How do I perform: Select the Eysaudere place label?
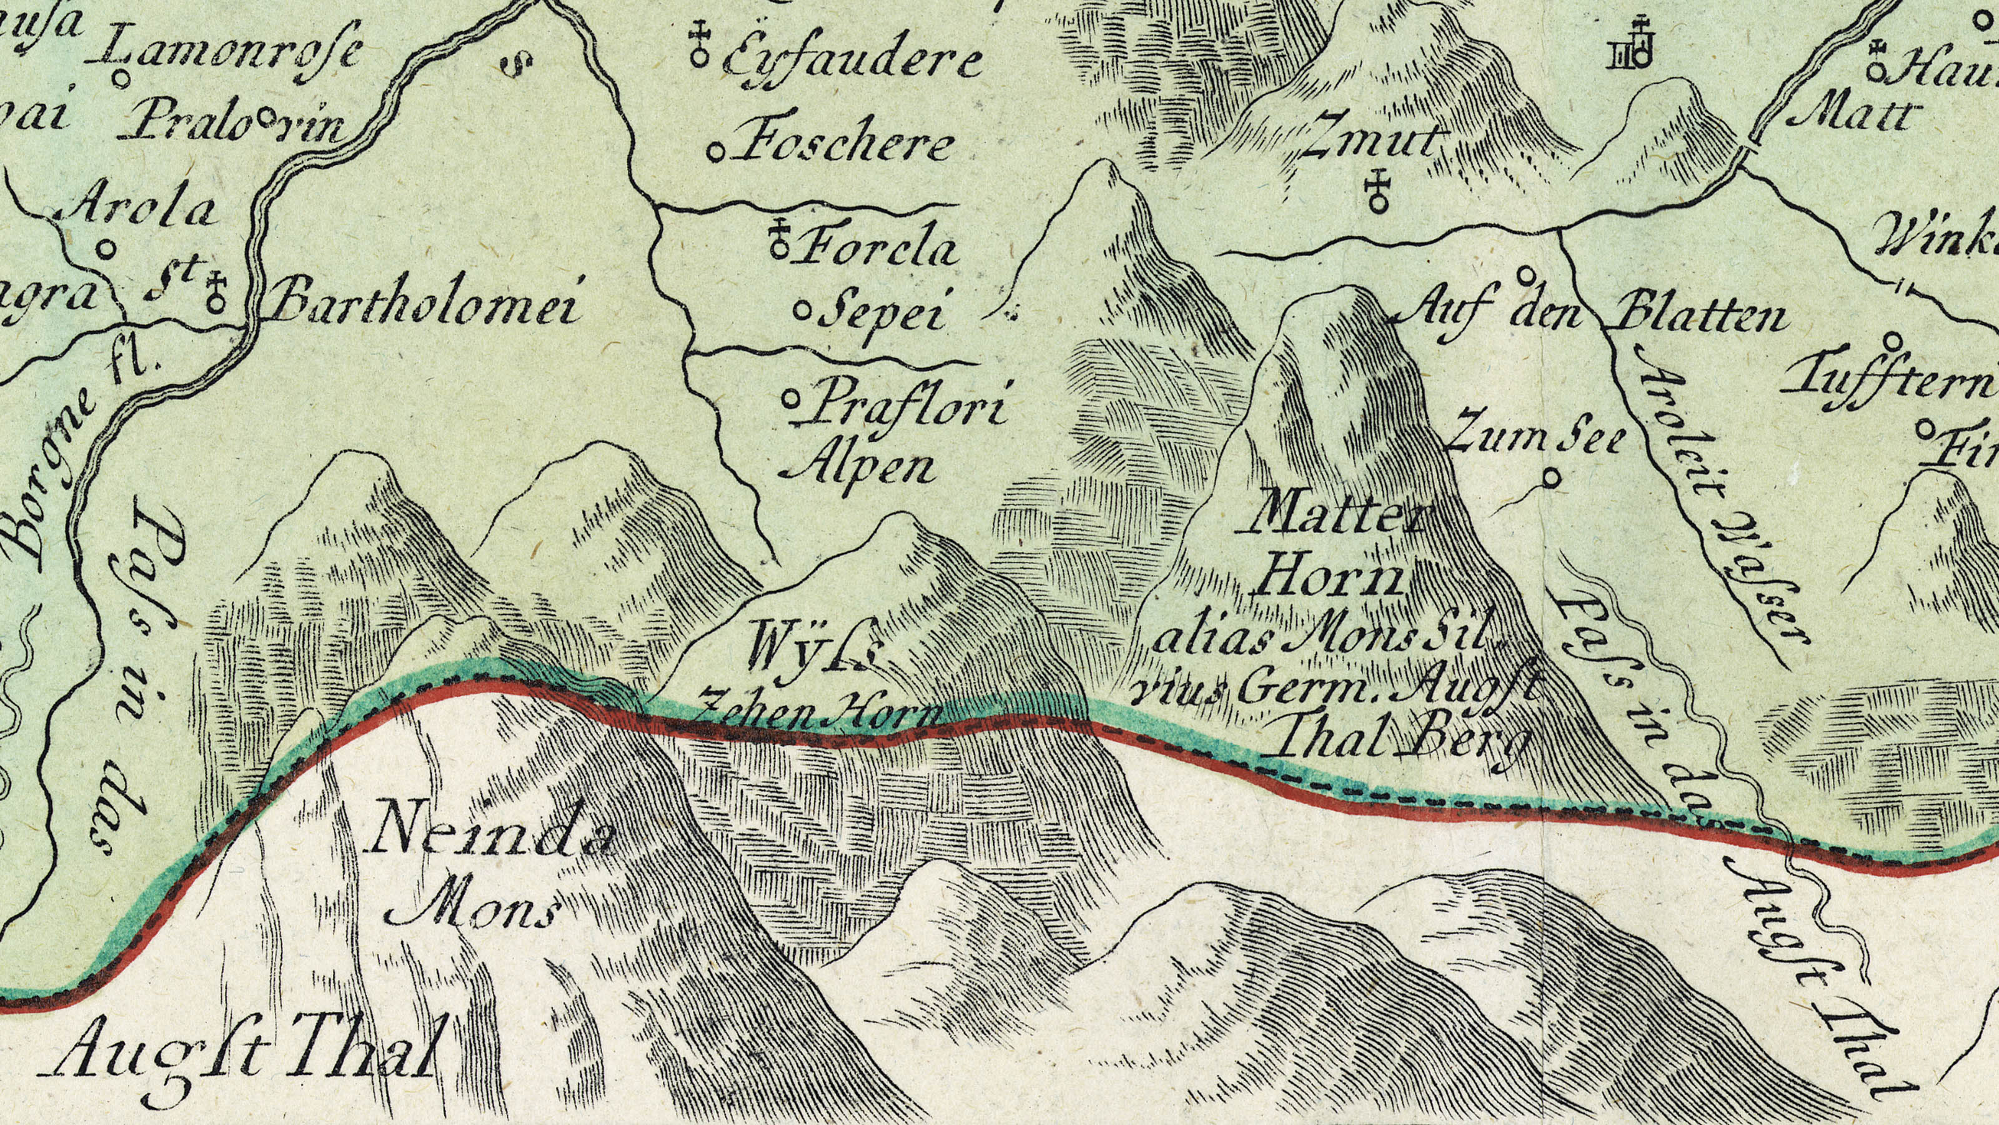(x=852, y=61)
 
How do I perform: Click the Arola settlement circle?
(x=107, y=249)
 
